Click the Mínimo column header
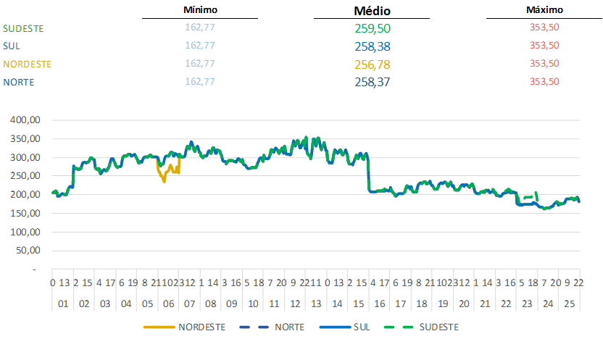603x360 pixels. click(x=200, y=10)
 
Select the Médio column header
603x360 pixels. click(x=373, y=11)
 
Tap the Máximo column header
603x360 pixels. click(x=544, y=10)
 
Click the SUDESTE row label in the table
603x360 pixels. click(x=24, y=28)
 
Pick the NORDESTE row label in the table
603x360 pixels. click(x=28, y=64)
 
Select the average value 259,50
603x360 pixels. click(x=373, y=28)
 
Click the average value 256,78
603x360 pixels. click(x=373, y=64)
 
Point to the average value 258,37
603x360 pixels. click(x=373, y=82)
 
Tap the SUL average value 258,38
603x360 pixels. click(x=373, y=46)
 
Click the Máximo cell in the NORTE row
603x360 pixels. click(x=544, y=82)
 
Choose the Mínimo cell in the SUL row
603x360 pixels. click(x=200, y=46)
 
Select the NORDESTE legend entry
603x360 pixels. click(x=201, y=327)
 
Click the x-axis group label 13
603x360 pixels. click(x=316, y=303)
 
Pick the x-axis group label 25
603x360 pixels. click(x=569, y=303)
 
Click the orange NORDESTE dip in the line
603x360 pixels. click(x=165, y=178)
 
